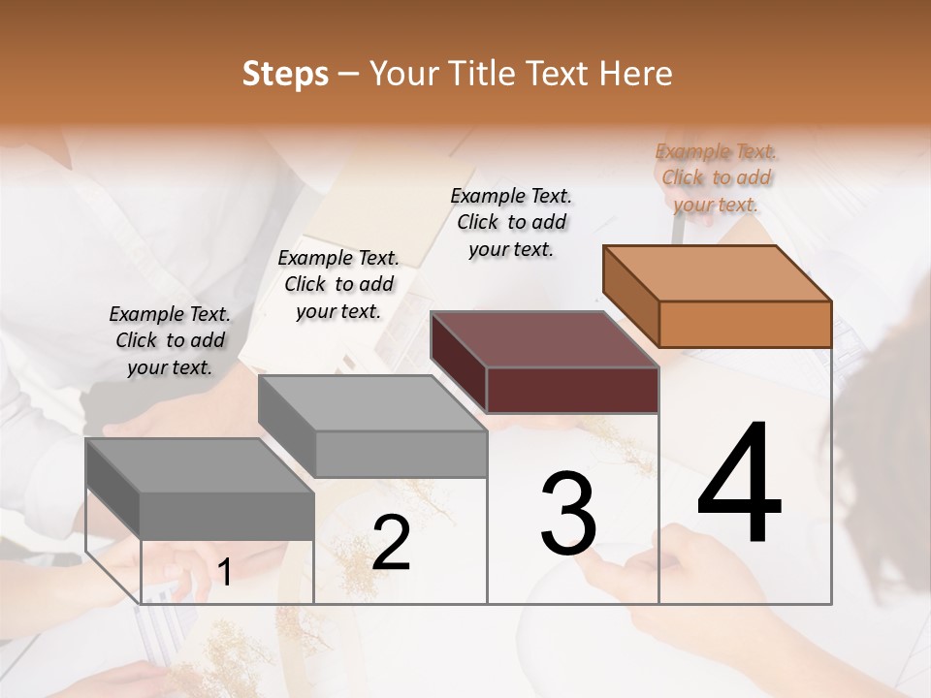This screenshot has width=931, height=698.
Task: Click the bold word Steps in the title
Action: [285, 74]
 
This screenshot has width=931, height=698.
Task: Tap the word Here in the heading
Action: [635, 74]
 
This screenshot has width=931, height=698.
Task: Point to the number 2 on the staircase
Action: [391, 543]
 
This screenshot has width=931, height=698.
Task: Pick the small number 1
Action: [224, 573]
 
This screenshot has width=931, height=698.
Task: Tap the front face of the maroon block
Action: [572, 390]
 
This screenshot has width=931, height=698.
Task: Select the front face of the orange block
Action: [745, 324]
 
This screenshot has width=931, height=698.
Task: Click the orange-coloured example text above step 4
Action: [716, 177]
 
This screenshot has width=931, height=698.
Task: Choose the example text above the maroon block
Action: [511, 222]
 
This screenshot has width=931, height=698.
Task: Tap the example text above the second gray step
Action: [338, 284]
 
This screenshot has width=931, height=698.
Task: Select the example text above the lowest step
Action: [170, 340]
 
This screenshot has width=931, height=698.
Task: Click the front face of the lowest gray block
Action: [227, 515]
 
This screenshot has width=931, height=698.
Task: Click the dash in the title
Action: [349, 74]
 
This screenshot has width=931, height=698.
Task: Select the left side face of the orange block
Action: [630, 296]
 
